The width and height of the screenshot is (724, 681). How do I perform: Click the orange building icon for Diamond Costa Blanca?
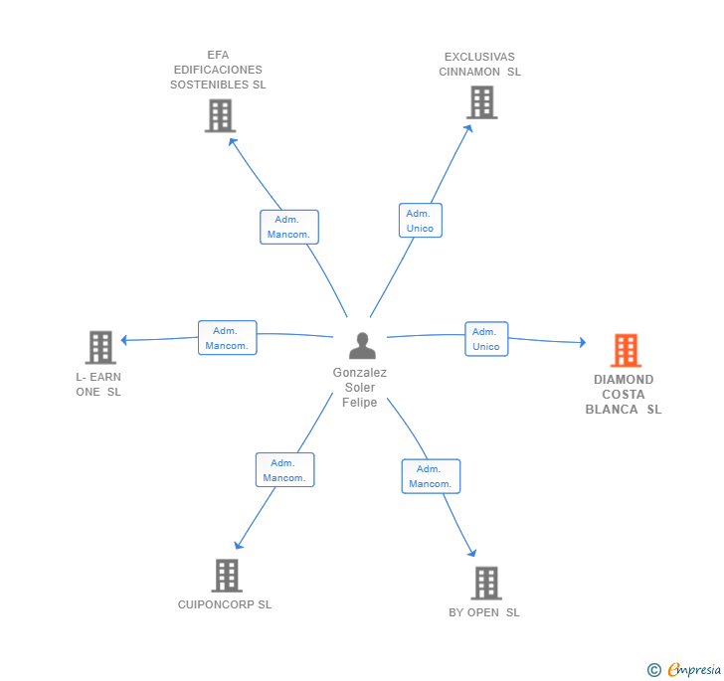(626, 350)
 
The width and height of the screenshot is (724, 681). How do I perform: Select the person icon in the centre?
(362, 346)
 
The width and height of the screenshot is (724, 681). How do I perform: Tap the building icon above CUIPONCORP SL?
(227, 576)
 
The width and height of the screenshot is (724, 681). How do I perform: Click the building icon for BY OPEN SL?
(486, 583)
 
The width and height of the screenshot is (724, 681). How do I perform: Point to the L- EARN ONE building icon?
(100, 347)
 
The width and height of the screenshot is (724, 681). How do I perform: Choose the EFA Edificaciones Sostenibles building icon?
(220, 116)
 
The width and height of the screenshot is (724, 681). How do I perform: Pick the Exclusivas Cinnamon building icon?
(482, 102)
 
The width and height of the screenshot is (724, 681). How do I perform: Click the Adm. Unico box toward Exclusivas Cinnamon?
(420, 221)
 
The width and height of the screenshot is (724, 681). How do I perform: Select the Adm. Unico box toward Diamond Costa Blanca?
(486, 339)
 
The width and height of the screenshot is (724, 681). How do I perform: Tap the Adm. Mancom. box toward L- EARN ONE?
(227, 338)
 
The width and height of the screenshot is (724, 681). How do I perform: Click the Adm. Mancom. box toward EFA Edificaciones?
(289, 227)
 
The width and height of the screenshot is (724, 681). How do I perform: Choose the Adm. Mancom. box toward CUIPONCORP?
(284, 470)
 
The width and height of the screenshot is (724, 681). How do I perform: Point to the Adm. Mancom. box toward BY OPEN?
(431, 476)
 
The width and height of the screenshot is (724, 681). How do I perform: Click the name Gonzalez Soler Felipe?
(360, 388)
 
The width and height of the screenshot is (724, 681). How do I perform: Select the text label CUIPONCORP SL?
(225, 604)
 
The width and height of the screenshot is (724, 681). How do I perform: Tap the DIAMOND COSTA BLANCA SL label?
(624, 395)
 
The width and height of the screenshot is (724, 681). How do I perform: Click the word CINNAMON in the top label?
(469, 72)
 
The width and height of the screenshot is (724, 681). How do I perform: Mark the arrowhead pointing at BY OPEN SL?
(472, 553)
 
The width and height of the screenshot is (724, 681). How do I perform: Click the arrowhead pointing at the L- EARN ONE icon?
(123, 340)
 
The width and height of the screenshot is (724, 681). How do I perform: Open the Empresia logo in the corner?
(684, 669)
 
